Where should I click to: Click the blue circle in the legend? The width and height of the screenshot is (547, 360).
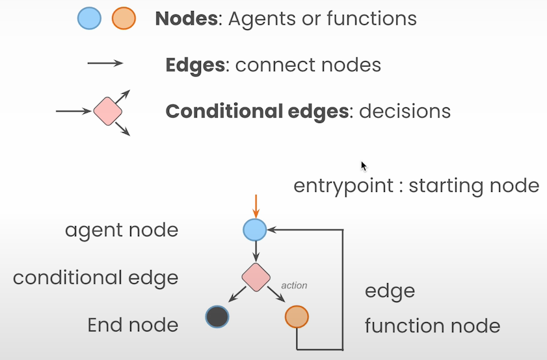point(90,18)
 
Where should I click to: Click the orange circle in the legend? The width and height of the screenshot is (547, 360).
point(123,18)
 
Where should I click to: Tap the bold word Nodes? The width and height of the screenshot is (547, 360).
point(185,18)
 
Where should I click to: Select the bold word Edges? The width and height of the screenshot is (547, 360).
point(194,65)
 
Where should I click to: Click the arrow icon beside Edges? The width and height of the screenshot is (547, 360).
point(105,63)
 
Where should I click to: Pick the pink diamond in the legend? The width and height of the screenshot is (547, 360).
point(108,111)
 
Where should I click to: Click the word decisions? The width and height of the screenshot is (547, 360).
point(405,111)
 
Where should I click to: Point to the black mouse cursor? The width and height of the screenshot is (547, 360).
point(364,165)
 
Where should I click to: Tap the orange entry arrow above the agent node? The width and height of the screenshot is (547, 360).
point(256,206)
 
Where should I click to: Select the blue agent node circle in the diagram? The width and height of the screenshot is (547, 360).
point(255,230)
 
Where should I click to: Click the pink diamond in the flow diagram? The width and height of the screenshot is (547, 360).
point(256,277)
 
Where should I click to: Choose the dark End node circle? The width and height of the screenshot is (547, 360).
point(217,317)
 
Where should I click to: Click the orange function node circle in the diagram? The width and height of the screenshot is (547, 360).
point(297,317)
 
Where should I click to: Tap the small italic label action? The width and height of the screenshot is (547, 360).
point(294,285)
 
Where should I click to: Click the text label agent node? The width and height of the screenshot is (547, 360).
point(121,230)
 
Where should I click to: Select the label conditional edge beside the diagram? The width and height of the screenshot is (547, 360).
point(96,278)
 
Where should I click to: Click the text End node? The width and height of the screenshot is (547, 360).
point(133,325)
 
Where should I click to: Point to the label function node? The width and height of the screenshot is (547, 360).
point(432,325)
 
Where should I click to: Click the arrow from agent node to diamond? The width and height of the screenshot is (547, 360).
point(256,251)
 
